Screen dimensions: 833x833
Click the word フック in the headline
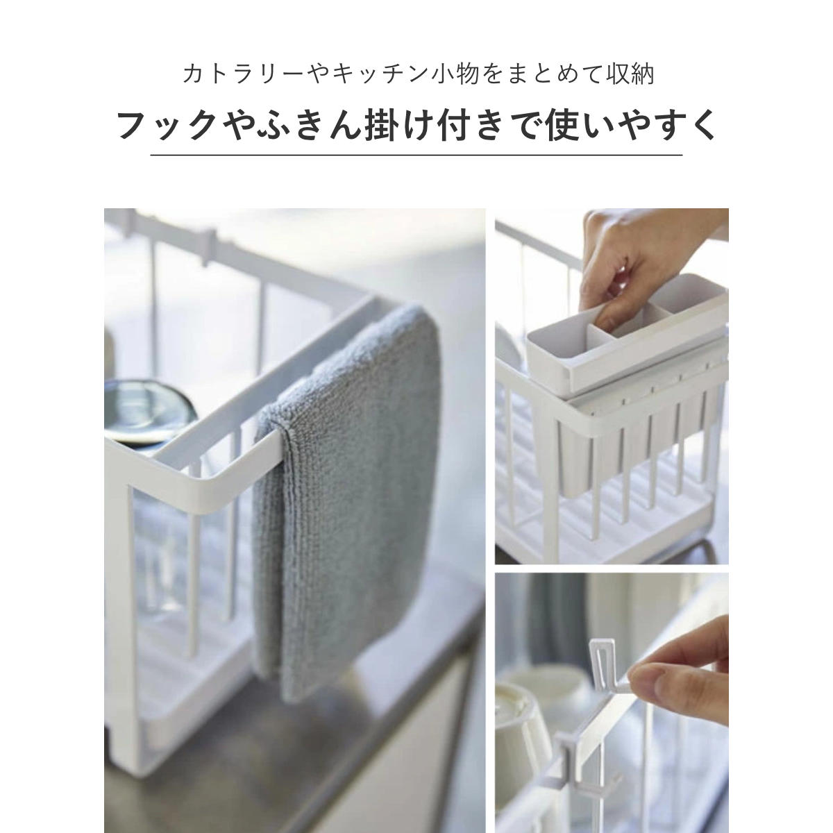(167, 126)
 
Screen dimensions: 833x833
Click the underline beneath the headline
(416, 154)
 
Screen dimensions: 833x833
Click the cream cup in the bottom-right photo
(519, 735)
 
